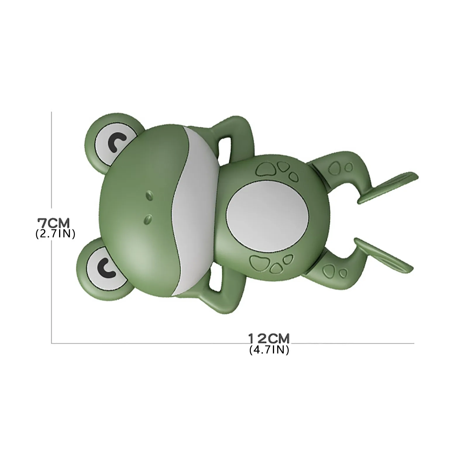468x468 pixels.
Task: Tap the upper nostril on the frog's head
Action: [x=149, y=194]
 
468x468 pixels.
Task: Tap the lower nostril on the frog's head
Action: [x=149, y=218]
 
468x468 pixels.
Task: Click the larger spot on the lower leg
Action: [x=331, y=269]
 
